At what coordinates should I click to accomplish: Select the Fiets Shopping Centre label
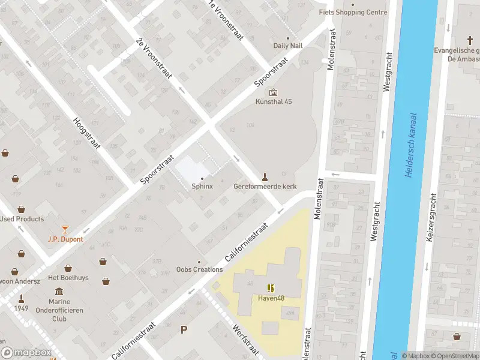click(x=353, y=12)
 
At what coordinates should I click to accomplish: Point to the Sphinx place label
click(x=202, y=187)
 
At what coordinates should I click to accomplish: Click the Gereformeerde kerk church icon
click(x=264, y=176)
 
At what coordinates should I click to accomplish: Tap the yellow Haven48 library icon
click(x=271, y=288)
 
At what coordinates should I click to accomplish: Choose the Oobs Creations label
click(x=200, y=269)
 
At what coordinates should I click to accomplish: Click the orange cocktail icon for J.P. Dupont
click(x=65, y=229)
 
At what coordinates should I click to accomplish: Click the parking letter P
click(x=184, y=329)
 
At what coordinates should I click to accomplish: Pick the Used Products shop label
click(x=22, y=219)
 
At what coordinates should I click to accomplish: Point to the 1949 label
click(x=22, y=308)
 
